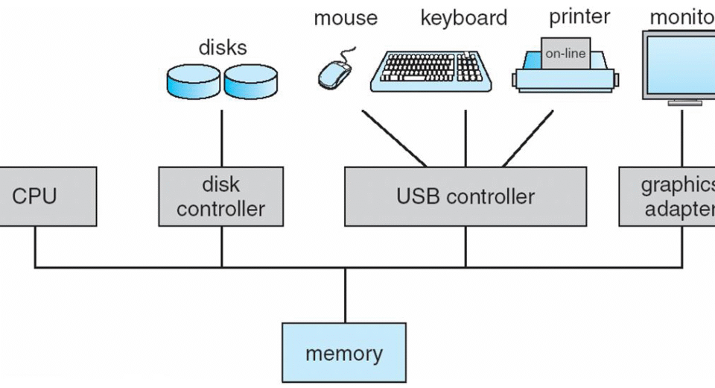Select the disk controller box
[x=221, y=196]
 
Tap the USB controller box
[x=465, y=196]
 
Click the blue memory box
[x=344, y=353]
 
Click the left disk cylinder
[x=193, y=81]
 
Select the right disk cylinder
[x=250, y=81]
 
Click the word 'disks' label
[x=222, y=47]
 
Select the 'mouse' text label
[x=345, y=18]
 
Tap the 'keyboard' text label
[x=463, y=18]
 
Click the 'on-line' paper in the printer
[x=565, y=53]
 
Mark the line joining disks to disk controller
[x=221, y=138]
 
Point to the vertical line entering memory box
[x=344, y=295]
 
